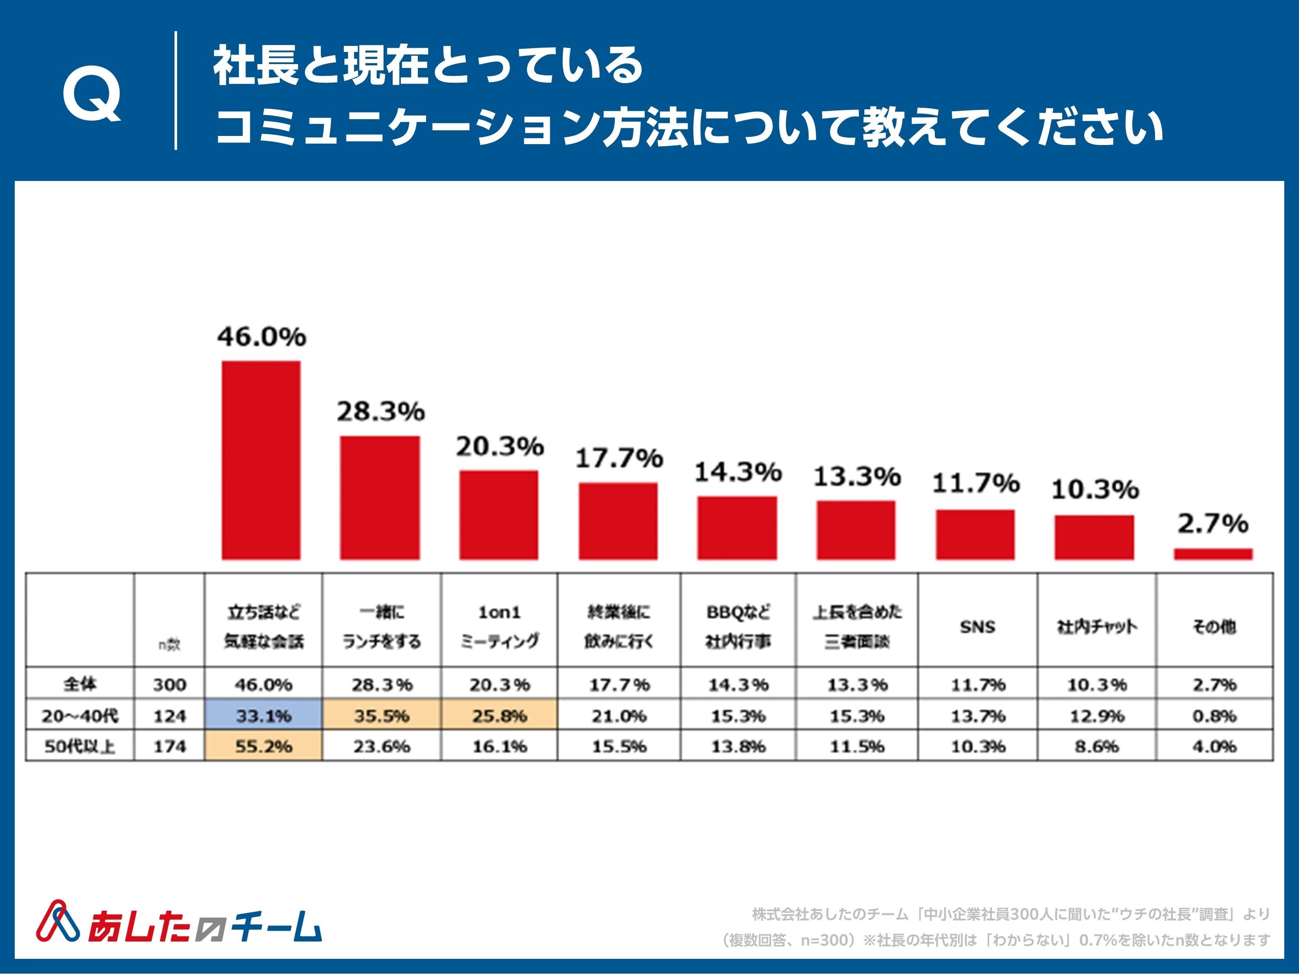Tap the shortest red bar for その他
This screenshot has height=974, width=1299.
click(x=1213, y=554)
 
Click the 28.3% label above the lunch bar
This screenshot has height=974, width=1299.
click(x=381, y=412)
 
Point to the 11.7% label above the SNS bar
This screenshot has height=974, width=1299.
click(x=976, y=483)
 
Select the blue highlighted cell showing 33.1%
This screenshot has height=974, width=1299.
click(x=263, y=716)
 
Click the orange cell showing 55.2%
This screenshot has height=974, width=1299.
click(x=263, y=746)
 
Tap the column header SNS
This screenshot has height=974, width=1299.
click(x=977, y=627)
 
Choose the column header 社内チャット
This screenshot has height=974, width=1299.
click(x=1096, y=627)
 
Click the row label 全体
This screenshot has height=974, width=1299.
click(x=80, y=684)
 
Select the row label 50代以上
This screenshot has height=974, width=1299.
click(x=80, y=746)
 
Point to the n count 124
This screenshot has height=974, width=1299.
click(x=169, y=716)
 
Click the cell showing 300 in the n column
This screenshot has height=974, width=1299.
click(x=169, y=684)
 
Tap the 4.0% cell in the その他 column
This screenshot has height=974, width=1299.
click(x=1214, y=746)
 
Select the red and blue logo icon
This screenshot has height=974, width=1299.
click(x=58, y=921)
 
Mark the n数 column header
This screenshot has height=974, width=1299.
click(x=169, y=645)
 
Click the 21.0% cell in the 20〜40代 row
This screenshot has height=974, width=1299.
click(x=619, y=716)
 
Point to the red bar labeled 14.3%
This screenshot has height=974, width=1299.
click(x=737, y=528)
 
